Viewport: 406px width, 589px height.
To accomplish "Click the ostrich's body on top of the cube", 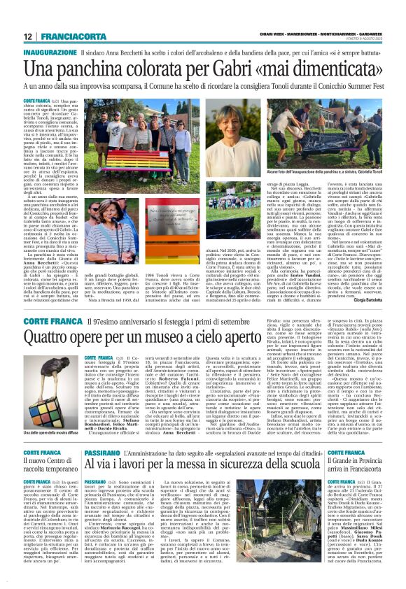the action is pos(48,367).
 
